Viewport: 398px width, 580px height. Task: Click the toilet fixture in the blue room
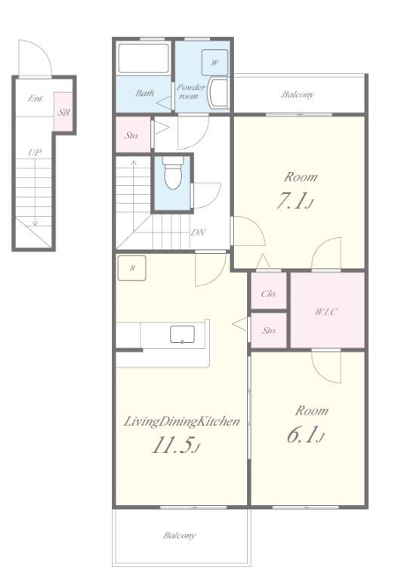coord(173,172)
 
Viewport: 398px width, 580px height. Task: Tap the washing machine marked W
coord(214,62)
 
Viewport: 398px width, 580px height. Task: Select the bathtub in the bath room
coord(143,58)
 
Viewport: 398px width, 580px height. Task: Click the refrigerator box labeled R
coord(131,268)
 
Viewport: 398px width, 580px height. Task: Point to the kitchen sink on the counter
coord(182,335)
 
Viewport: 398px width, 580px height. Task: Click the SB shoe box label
coord(63,112)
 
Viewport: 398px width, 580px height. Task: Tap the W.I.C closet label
coord(326,312)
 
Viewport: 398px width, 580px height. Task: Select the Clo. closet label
coord(269,294)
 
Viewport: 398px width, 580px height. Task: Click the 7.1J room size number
coord(295,202)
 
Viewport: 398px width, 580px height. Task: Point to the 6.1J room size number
coord(306,435)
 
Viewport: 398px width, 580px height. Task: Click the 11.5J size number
coord(176,446)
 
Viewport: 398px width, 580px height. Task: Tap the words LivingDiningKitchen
coord(181,421)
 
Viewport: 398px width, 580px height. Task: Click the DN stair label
coord(199,233)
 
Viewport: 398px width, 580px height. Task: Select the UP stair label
coord(35,153)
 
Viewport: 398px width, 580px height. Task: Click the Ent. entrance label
coord(35,98)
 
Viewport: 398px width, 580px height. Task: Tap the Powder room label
coord(190,91)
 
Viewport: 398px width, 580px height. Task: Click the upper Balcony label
coord(298,94)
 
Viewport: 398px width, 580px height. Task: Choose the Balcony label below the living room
coord(180,535)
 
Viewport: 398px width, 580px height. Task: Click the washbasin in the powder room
coord(218,92)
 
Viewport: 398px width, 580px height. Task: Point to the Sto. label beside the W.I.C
coord(269,330)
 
